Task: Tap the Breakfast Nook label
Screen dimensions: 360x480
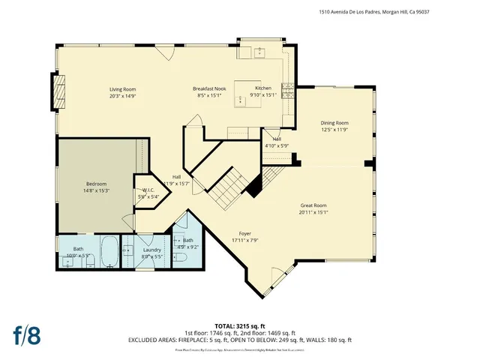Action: pos(209,89)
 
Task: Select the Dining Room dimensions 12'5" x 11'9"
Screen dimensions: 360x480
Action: pos(334,130)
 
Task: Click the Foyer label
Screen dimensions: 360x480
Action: pos(245,233)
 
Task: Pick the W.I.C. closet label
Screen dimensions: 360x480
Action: pos(148,190)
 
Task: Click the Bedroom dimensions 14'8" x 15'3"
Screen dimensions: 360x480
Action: pos(96,191)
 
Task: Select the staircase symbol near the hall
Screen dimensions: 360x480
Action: pos(227,188)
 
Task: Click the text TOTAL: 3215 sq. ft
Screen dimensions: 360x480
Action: pos(240,325)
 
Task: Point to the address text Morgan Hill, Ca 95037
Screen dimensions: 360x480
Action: pos(430,12)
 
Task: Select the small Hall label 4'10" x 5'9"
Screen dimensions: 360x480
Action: pos(276,142)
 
